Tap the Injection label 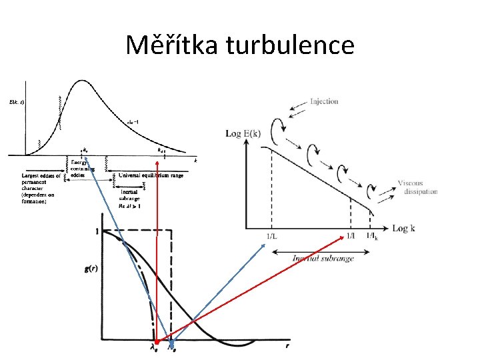coord(324,101)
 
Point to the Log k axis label coord(404,228)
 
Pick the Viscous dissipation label coord(418,187)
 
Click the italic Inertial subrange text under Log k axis coord(323,258)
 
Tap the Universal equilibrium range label coord(151,176)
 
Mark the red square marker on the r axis coord(156,343)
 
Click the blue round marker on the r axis coord(173,345)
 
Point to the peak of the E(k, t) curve coord(81,81)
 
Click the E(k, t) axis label coord(17,102)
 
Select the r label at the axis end coord(287,346)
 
